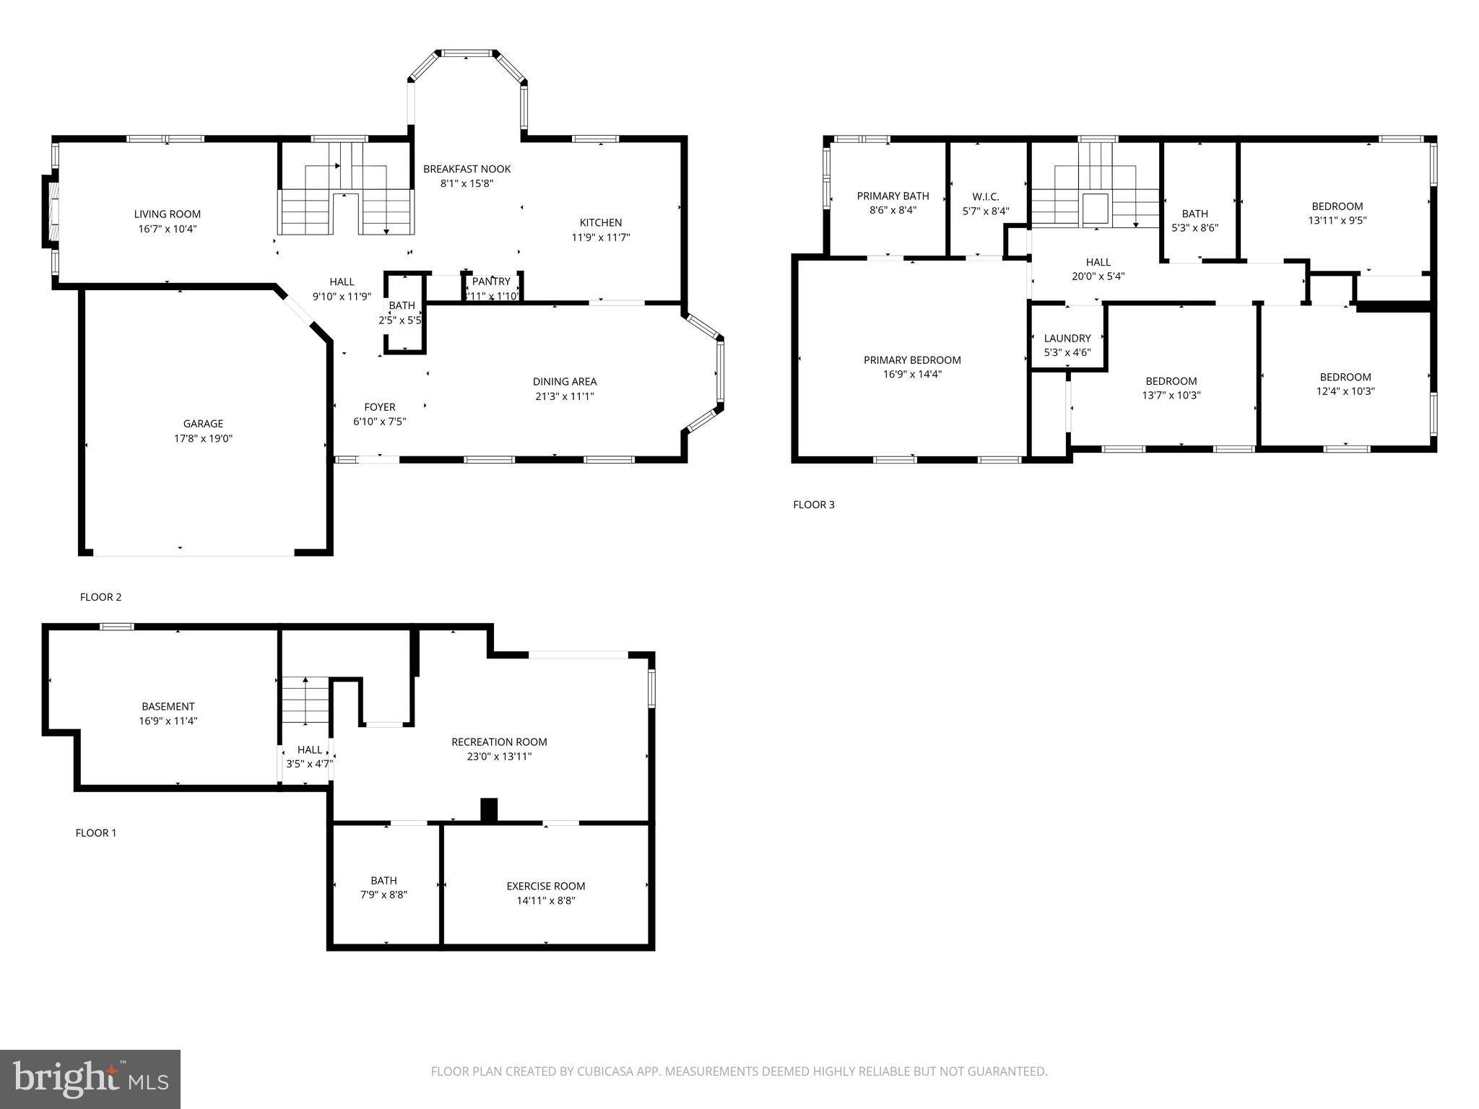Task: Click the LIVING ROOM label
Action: (x=168, y=214)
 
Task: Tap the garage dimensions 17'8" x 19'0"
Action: (x=203, y=438)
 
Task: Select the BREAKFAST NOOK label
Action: (x=467, y=169)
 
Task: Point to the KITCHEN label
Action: (x=600, y=222)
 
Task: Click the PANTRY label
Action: (x=491, y=282)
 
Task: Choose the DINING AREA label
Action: (x=565, y=381)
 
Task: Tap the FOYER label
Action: (x=379, y=407)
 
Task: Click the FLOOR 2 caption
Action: (x=100, y=597)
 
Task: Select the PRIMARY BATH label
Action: (x=893, y=196)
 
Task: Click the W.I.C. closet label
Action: (x=985, y=196)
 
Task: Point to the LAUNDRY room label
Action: (x=1067, y=338)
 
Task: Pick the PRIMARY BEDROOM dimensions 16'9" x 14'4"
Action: (x=912, y=375)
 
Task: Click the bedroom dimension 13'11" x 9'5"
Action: (x=1337, y=221)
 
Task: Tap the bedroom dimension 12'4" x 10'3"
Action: (x=1345, y=391)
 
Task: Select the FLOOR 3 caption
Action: (x=813, y=505)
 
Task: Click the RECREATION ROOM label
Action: (x=499, y=742)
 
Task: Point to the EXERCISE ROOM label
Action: (x=545, y=886)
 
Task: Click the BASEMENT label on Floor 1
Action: (x=168, y=706)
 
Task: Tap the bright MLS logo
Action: (x=90, y=1079)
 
